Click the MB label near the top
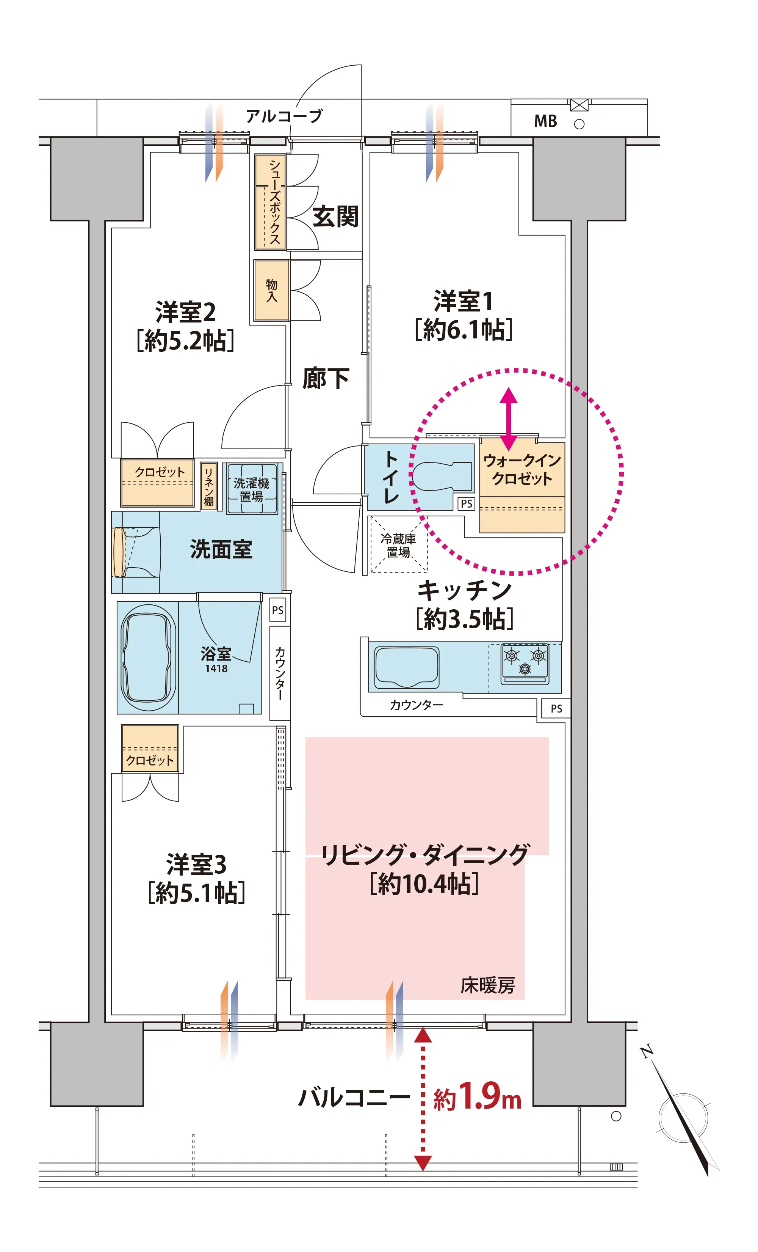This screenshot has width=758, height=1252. pyautogui.click(x=545, y=121)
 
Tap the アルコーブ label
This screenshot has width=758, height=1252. pyautogui.click(x=284, y=116)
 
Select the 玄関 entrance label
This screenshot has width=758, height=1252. pyautogui.click(x=335, y=217)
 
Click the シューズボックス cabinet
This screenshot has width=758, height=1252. pyautogui.click(x=271, y=202)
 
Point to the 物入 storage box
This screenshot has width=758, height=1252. pyautogui.click(x=272, y=291)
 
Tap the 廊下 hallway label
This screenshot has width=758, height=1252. pyautogui.click(x=326, y=379)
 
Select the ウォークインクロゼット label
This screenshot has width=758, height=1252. pyautogui.click(x=522, y=470)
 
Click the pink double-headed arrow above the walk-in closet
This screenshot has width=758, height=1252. pyautogui.click(x=508, y=420)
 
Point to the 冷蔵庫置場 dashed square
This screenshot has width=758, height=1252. pyautogui.click(x=399, y=544)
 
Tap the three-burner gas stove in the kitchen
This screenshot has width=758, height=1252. pyautogui.click(x=525, y=664)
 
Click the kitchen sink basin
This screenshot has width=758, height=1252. pyautogui.click(x=407, y=668)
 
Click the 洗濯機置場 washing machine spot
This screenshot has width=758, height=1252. pyautogui.click(x=252, y=489)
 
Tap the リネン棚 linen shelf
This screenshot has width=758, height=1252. pyautogui.click(x=209, y=486)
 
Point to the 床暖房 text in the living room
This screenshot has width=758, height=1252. pyautogui.click(x=488, y=985)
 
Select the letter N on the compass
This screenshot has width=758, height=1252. pyautogui.click(x=646, y=1051)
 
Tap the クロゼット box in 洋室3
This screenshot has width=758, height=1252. pyautogui.click(x=150, y=749)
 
